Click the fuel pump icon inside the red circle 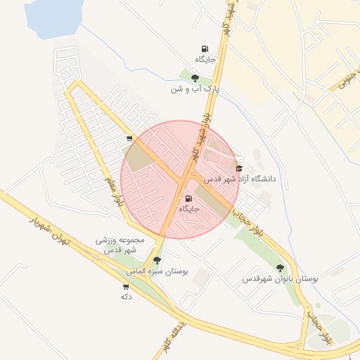pos(186,199)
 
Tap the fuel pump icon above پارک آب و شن pos(204,49)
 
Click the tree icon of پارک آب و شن pos(195,78)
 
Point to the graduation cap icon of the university pos(240,169)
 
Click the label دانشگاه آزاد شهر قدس pos(240,179)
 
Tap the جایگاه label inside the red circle pos(190,209)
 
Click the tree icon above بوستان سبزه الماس pos(156,260)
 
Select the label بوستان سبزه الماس pos(156,271)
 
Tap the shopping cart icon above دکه pos(126,286)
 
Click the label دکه pos(127,296)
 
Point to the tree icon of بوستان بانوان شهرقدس pos(281,267)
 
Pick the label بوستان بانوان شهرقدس pos(281,278)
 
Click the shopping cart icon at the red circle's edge pos(129,139)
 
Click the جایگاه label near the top pos(206,60)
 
